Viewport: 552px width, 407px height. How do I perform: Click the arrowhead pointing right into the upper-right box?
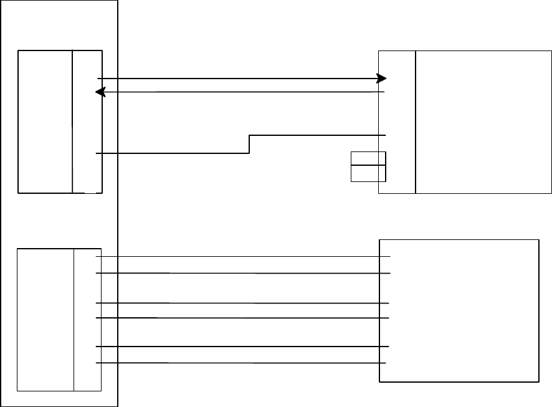click(381, 79)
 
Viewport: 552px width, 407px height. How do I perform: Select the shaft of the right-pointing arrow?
click(237, 79)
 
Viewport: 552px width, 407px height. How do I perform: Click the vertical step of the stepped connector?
click(249, 144)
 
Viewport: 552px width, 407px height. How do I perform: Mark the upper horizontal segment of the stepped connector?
click(318, 135)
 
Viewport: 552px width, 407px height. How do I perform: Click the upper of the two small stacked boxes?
click(368, 158)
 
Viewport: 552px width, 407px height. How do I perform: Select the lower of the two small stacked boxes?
click(368, 173)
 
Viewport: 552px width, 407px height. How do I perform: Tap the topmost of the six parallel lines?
click(243, 256)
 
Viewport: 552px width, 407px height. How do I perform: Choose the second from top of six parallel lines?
click(243, 273)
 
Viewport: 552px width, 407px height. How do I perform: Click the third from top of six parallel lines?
click(243, 303)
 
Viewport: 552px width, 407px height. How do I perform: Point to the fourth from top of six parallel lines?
click(243, 318)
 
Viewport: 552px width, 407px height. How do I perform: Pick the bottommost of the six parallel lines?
click(243, 363)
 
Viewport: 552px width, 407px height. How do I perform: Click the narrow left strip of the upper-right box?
click(397, 122)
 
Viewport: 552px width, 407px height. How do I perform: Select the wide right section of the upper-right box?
click(483, 122)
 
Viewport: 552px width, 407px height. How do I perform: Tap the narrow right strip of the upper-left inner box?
click(87, 122)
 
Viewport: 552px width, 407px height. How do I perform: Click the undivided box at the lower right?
click(459, 310)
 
